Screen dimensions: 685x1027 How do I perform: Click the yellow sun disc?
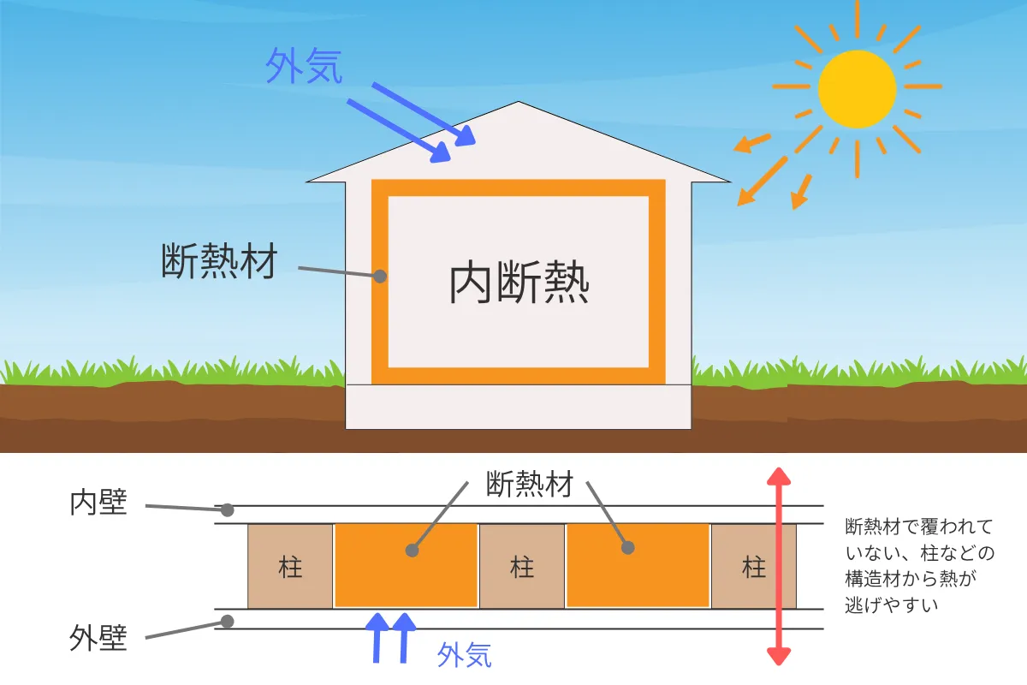[857, 89]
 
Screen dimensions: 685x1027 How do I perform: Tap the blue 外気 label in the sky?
[304, 67]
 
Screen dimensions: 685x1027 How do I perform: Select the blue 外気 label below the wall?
[464, 655]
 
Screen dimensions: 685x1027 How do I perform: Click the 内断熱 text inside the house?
[519, 283]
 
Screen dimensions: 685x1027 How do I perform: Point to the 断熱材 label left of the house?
[219, 261]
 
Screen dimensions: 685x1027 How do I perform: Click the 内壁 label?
[98, 503]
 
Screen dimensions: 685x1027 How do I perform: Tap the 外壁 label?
[98, 638]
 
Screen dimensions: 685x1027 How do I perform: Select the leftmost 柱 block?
[290, 566]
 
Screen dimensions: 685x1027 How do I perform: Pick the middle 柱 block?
[522, 566]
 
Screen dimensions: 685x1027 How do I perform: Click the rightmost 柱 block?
[754, 566]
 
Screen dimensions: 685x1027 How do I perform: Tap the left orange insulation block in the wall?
[406, 566]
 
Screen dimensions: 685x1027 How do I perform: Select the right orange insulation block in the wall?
[638, 566]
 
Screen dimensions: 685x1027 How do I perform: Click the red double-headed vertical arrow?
[777, 566]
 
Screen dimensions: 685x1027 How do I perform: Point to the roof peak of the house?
[518, 104]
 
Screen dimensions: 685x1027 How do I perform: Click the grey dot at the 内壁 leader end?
[227, 510]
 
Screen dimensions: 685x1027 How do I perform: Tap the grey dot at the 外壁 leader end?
[227, 621]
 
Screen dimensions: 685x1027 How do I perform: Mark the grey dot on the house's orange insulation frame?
[380, 277]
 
